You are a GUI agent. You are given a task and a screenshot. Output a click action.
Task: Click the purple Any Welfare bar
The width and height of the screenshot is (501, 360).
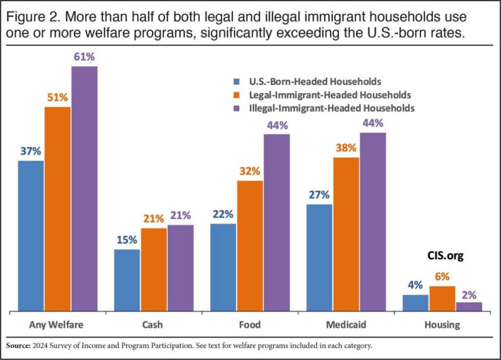tap(84, 188)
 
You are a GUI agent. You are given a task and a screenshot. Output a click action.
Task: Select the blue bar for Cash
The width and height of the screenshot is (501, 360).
tap(127, 280)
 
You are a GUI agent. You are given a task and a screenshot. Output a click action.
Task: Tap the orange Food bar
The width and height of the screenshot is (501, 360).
tap(250, 246)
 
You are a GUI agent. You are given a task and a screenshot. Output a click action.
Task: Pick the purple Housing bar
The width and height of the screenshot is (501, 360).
tap(469, 307)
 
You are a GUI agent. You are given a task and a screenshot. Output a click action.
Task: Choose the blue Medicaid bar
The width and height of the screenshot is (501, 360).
tap(319, 257)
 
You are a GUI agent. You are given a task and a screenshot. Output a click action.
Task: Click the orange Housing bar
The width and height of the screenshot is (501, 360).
tap(442, 298)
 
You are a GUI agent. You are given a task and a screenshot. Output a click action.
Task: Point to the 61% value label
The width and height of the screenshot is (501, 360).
tap(84, 57)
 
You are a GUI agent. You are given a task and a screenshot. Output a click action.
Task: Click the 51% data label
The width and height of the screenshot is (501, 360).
tap(57, 97)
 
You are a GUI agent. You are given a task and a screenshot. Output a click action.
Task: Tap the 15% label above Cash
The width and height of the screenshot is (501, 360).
tap(127, 240)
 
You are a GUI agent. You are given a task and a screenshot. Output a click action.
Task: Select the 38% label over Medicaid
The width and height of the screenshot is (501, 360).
tap(346, 148)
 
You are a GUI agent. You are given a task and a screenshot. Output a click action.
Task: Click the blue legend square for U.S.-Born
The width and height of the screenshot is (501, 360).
tap(237, 81)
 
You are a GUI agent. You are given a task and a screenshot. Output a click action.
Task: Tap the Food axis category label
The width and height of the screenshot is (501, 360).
tap(250, 325)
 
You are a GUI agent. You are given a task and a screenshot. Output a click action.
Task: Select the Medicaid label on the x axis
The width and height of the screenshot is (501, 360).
tap(346, 325)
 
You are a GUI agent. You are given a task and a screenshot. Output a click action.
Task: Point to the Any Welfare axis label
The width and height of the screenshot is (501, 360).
tap(56, 325)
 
